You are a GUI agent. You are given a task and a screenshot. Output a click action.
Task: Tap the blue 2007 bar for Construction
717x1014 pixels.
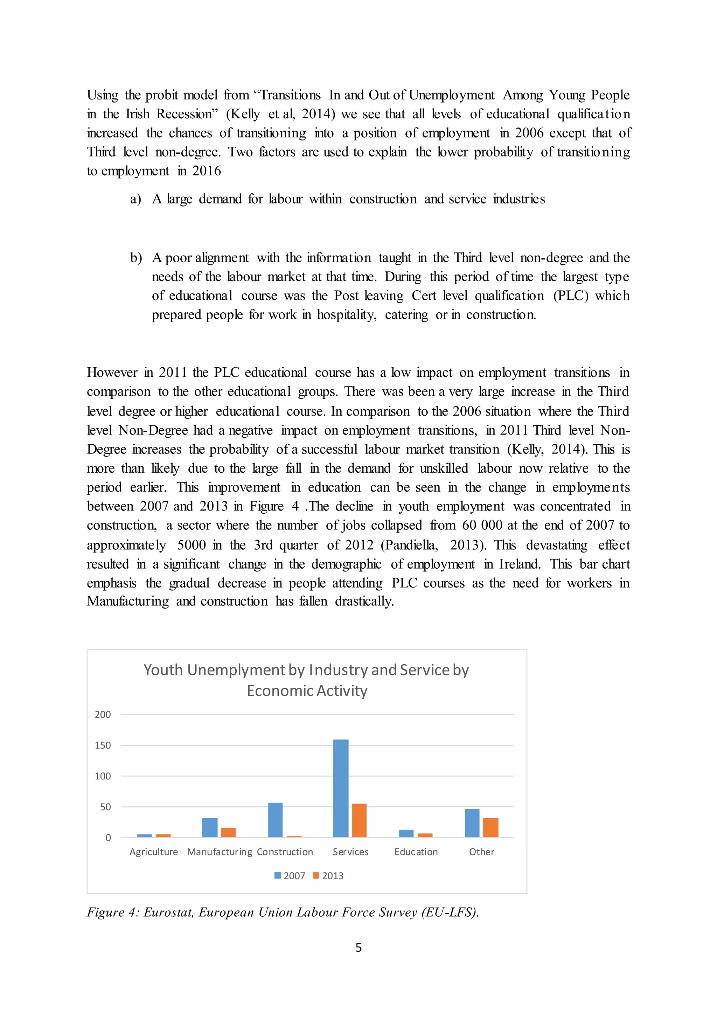[276, 820]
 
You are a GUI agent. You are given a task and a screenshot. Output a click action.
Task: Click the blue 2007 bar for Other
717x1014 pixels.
[472, 823]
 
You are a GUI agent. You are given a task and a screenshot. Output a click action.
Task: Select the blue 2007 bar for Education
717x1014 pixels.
[406, 833]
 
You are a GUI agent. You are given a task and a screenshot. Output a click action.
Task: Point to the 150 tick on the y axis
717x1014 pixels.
[103, 745]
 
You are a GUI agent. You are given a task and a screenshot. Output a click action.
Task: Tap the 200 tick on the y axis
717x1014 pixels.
[103, 715]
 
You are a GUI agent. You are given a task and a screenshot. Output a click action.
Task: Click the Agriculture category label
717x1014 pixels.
[154, 852]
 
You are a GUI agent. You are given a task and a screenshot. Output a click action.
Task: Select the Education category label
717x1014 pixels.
[416, 852]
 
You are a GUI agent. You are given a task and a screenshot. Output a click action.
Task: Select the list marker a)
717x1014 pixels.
[135, 199]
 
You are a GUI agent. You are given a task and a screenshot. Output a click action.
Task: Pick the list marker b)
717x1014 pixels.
[135, 258]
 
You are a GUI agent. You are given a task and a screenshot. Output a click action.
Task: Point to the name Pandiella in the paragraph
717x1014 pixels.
[409, 545]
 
